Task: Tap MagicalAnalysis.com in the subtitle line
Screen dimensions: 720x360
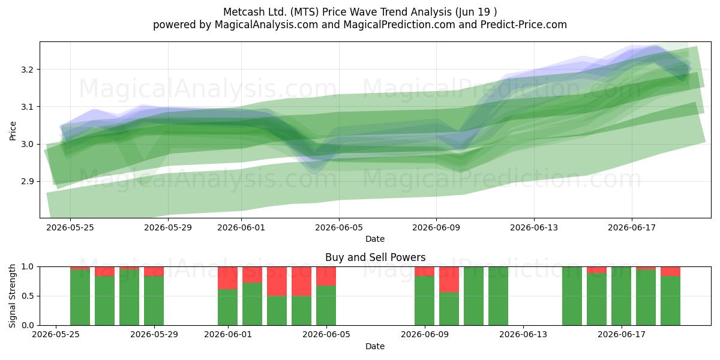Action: tap(266, 25)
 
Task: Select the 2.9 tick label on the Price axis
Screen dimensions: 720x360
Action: tap(28, 181)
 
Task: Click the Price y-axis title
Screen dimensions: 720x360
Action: tap(13, 131)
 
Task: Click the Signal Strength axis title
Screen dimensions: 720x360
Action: tap(12, 296)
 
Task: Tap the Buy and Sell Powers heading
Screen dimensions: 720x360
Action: tap(375, 257)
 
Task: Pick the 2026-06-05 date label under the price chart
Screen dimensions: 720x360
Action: tap(339, 227)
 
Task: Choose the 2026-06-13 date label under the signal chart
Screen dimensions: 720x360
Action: tap(523, 335)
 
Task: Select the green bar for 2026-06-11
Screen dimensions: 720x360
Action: tap(473, 296)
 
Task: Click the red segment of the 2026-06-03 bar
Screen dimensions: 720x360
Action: tap(277, 281)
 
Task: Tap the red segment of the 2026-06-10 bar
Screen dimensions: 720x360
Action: tap(449, 280)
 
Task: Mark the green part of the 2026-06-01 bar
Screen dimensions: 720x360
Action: tap(227, 307)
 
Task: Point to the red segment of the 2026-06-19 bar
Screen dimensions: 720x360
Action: tap(671, 271)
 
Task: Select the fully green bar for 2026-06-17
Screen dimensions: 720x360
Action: tap(622, 296)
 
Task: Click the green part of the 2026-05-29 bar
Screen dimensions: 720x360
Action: tap(154, 301)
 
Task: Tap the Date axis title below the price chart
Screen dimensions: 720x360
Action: tap(375, 239)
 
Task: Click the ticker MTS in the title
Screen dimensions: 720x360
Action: tap(304, 12)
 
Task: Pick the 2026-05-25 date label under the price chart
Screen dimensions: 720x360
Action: tap(70, 227)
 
